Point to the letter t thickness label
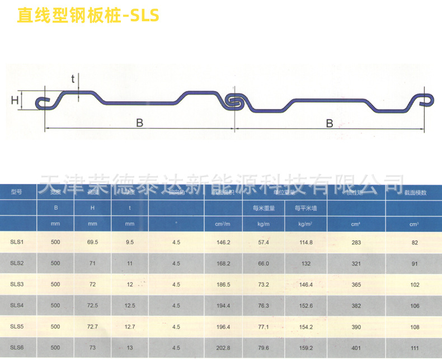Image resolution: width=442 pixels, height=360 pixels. (73, 79)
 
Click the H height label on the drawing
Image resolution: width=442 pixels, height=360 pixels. (15, 101)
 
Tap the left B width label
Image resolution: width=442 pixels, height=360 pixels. (139, 122)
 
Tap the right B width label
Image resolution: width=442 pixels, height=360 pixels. (330, 122)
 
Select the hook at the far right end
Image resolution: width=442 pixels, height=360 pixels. (425, 99)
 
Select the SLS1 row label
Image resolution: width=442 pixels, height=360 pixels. (16, 242)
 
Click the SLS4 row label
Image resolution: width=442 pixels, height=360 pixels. (16, 305)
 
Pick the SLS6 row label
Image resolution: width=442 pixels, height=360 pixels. (16, 348)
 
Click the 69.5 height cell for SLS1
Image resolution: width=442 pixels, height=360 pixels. (93, 242)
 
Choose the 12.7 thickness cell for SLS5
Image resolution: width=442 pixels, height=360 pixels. (130, 326)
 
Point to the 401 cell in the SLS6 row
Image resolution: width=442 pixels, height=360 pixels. (355, 348)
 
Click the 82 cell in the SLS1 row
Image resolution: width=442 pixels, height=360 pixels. (415, 242)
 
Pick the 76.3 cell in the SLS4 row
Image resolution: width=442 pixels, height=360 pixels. (264, 305)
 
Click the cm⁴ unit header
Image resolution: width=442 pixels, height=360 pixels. (355, 224)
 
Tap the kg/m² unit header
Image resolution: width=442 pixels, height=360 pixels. (305, 224)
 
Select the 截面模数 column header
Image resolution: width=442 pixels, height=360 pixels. (415, 192)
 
